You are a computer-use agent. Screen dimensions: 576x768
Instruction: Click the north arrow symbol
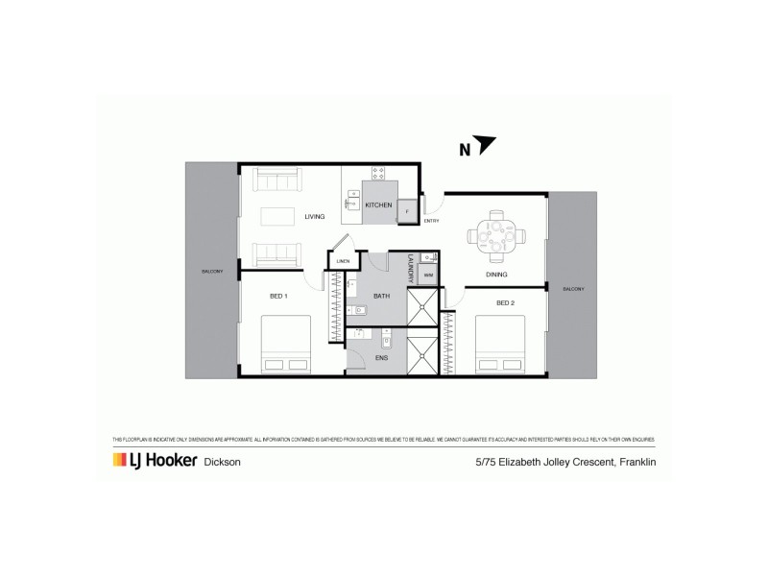(x=485, y=145)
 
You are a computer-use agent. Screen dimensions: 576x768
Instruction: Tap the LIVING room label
(x=315, y=217)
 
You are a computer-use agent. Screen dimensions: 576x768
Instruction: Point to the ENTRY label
(x=431, y=221)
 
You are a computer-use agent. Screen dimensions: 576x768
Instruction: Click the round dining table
(x=496, y=235)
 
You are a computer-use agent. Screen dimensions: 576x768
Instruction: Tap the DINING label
(x=496, y=275)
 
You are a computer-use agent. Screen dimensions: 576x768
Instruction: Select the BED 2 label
(x=505, y=302)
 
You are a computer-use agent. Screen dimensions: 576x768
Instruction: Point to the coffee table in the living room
(x=278, y=217)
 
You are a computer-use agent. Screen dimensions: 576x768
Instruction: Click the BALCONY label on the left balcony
(x=211, y=272)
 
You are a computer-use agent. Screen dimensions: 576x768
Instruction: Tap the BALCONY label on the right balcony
(x=573, y=289)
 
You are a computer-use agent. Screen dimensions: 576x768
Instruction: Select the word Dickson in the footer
(x=223, y=463)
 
